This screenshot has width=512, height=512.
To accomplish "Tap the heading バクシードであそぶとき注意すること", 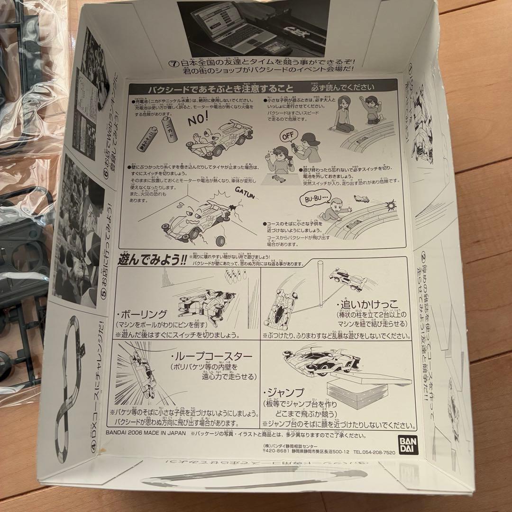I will point(213,89).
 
